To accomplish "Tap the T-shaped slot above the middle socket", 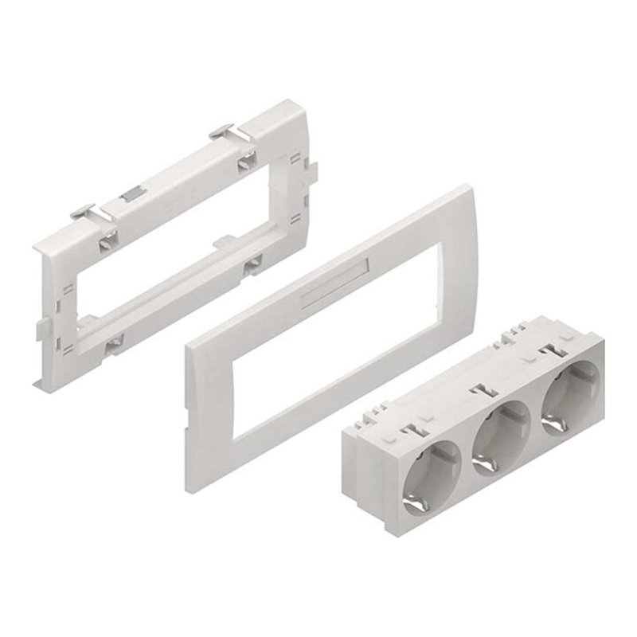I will click(x=479, y=391).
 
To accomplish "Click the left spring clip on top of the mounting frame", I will click(x=84, y=213).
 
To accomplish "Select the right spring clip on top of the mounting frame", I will click(x=223, y=130).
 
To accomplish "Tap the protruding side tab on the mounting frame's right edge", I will click(x=313, y=169).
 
